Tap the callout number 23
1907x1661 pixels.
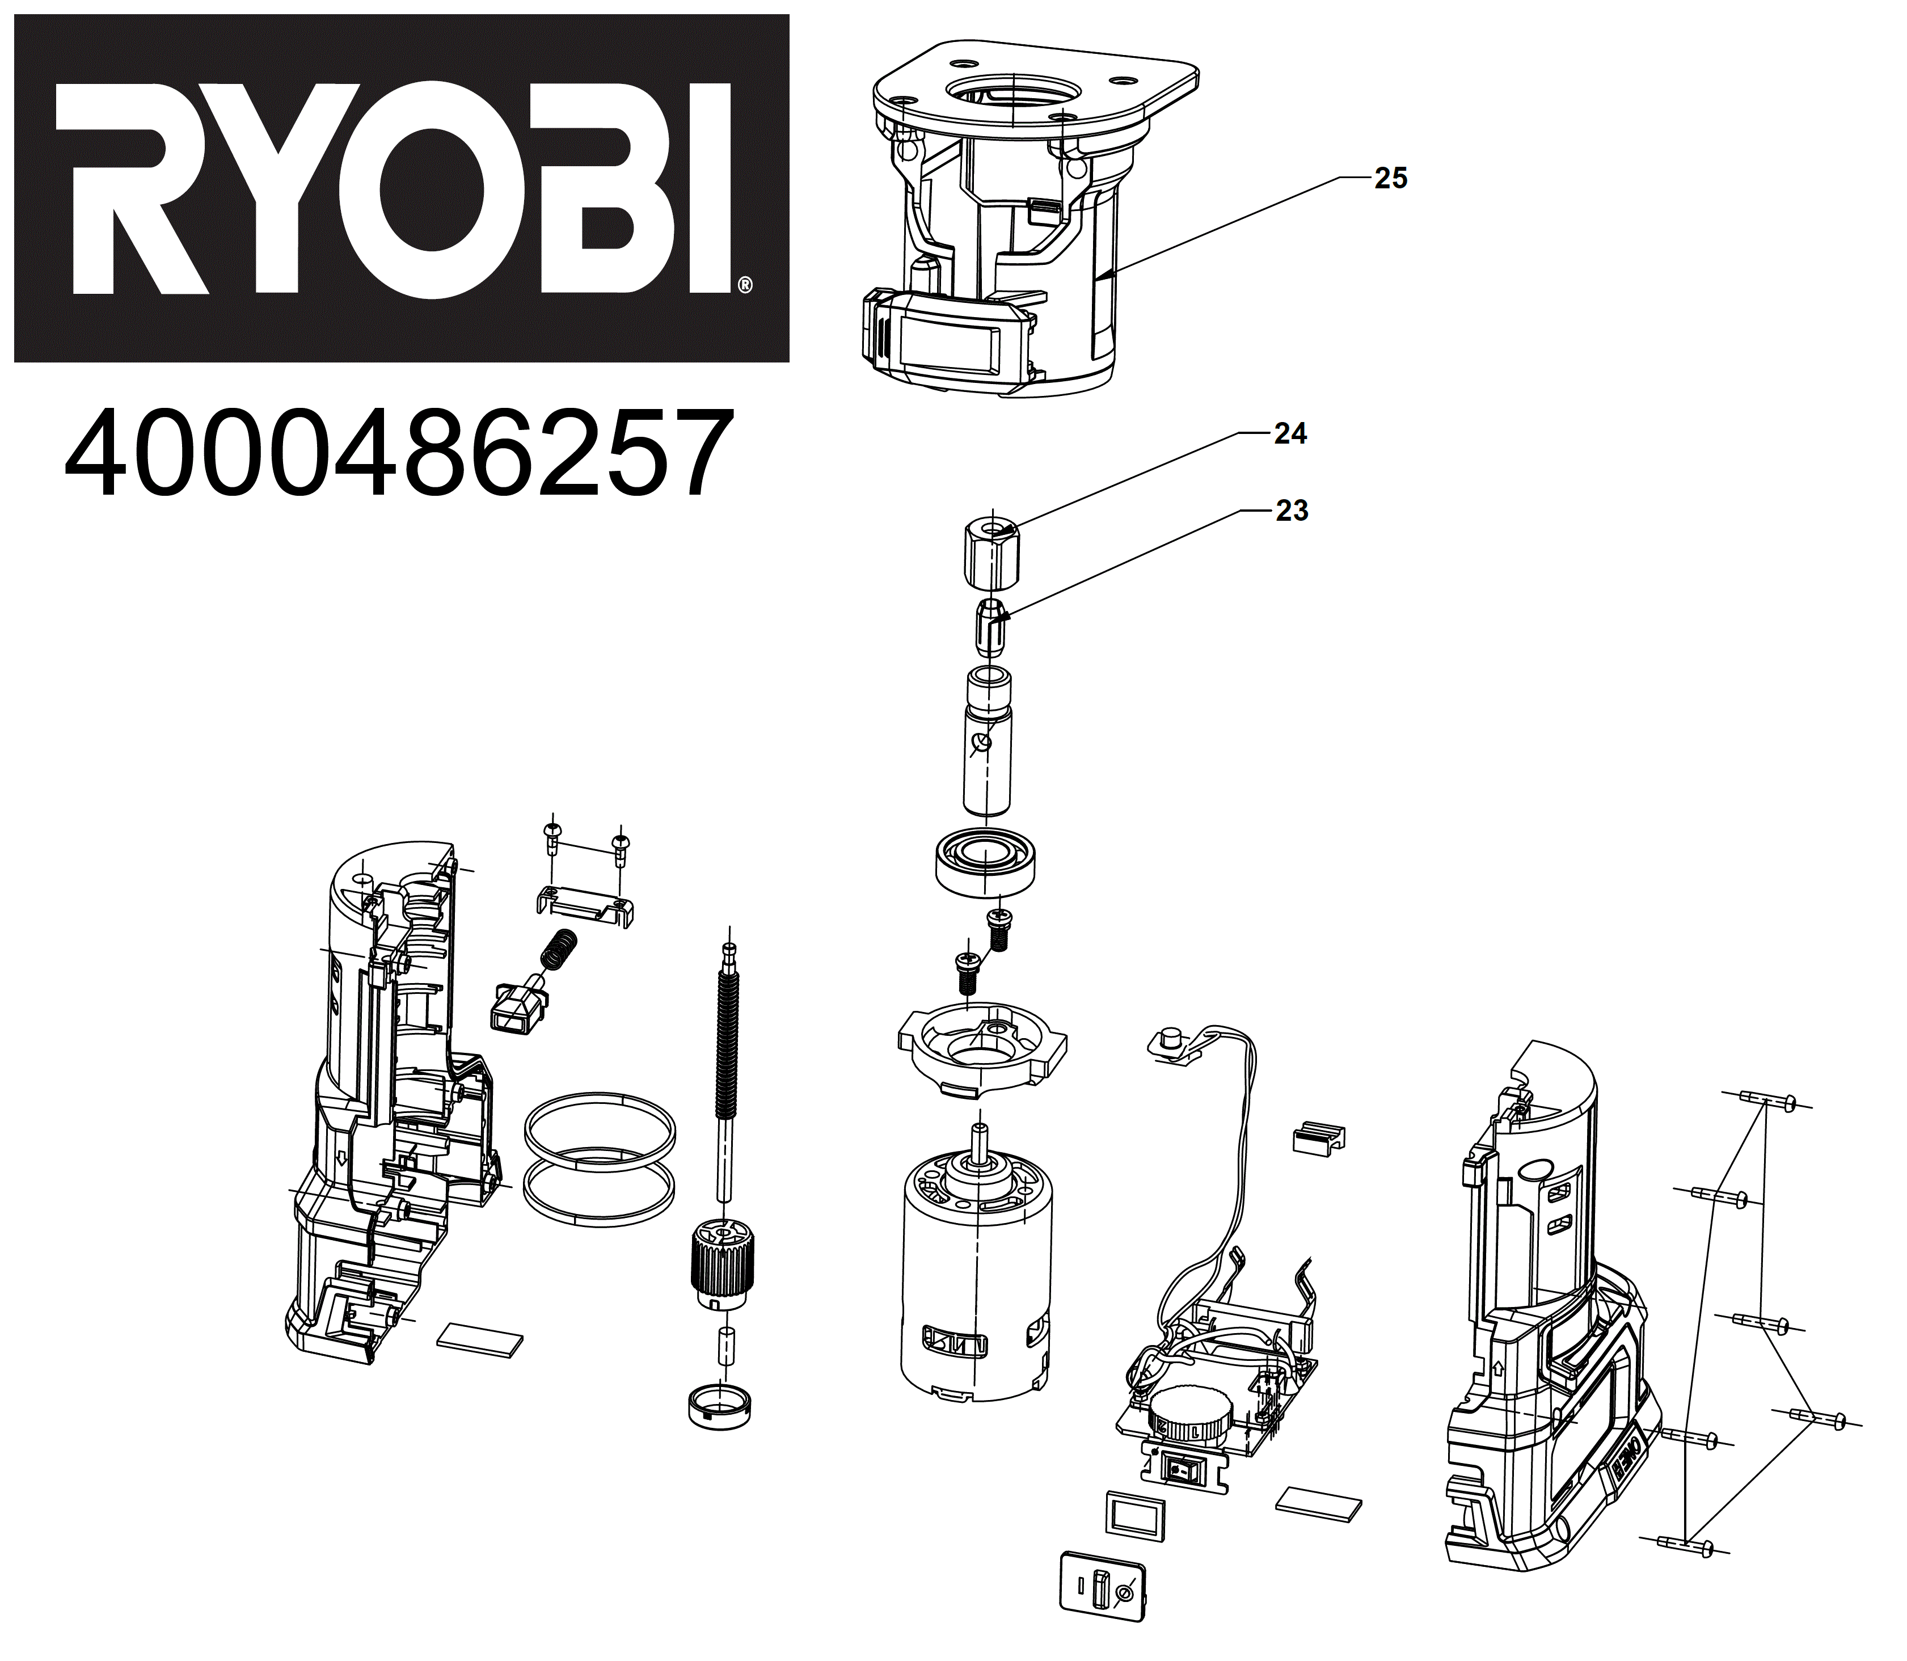(1291, 510)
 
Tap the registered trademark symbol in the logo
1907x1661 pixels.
(745, 285)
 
